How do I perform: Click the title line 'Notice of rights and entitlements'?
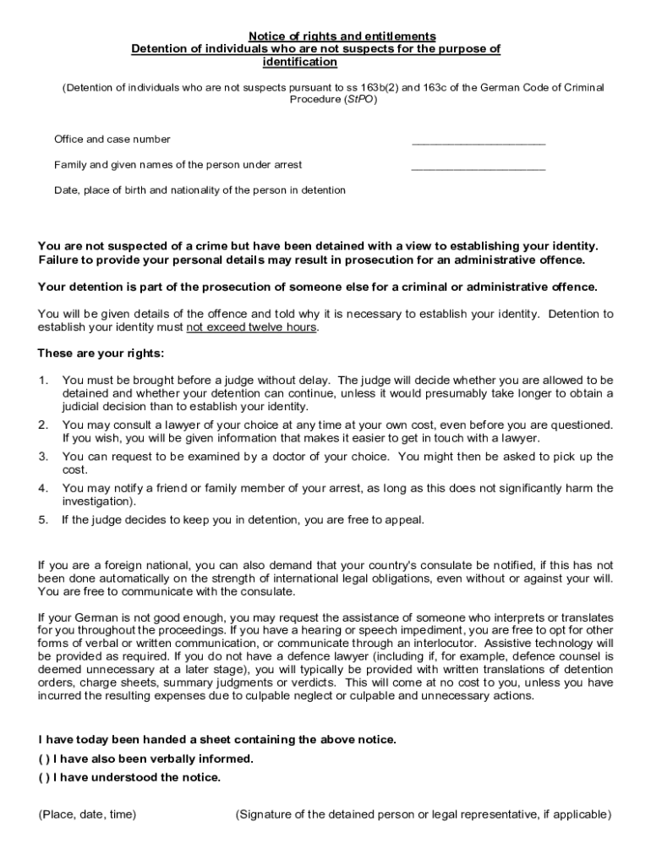pyautogui.click(x=342, y=36)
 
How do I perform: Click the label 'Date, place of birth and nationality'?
pyautogui.click(x=200, y=190)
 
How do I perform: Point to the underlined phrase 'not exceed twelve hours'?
pyautogui.click(x=251, y=327)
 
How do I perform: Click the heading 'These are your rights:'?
pyautogui.click(x=101, y=353)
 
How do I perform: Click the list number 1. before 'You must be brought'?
pyautogui.click(x=43, y=380)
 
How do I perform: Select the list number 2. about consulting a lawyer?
pyautogui.click(x=43, y=425)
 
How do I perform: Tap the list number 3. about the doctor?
pyautogui.click(x=43, y=457)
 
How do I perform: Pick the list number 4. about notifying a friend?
pyautogui.click(x=43, y=488)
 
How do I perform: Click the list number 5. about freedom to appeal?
pyautogui.click(x=43, y=520)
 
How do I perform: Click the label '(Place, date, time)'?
pyautogui.click(x=87, y=814)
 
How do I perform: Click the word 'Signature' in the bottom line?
pyautogui.click(x=268, y=814)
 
